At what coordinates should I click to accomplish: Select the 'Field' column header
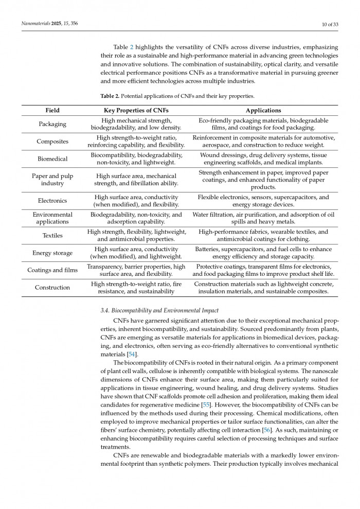tap(52, 110)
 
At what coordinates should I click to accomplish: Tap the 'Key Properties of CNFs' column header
tap(136, 110)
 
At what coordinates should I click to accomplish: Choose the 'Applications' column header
tap(263, 110)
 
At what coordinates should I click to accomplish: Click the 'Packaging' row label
tap(52, 124)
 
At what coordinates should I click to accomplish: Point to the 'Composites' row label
tap(52, 142)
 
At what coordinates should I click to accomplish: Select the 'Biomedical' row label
tap(52, 159)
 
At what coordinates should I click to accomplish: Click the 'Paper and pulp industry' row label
tap(52, 180)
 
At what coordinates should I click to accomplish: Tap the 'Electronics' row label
tap(52, 201)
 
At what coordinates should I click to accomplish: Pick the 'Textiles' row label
tap(52, 235)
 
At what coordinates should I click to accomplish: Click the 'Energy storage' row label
tap(52, 253)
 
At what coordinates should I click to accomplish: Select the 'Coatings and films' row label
tap(52, 270)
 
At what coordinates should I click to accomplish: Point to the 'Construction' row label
tap(52, 288)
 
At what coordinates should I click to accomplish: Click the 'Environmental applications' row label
tap(52, 218)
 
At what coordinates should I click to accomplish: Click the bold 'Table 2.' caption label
tap(110, 96)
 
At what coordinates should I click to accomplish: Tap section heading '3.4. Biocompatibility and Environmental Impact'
tap(159, 310)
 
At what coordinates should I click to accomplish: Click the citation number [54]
tap(132, 355)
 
